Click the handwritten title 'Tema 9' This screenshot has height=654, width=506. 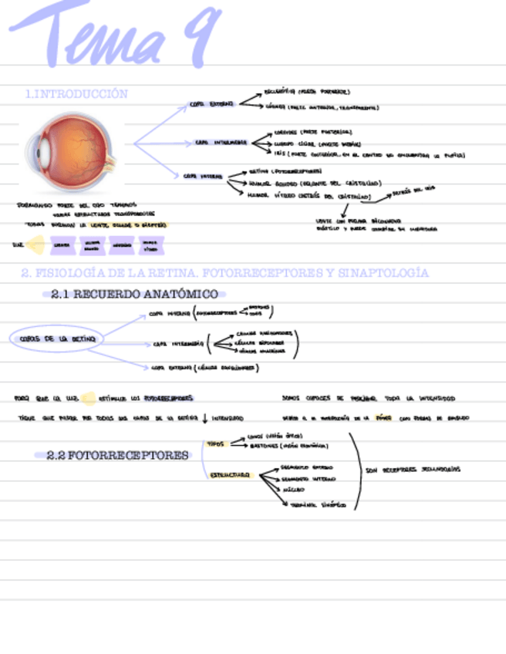(x=116, y=35)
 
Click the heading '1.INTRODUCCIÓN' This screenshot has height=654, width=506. (x=76, y=94)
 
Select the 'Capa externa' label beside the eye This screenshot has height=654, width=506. (x=211, y=103)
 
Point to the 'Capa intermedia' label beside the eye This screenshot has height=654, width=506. (x=221, y=143)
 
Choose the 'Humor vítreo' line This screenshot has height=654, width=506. (x=309, y=196)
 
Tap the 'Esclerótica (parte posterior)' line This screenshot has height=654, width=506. (x=306, y=92)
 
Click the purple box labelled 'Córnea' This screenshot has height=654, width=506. (x=62, y=245)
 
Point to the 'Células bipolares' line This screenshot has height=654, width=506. (x=260, y=342)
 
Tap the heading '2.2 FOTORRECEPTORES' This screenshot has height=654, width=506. (x=117, y=456)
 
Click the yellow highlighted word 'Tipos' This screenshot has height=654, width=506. (x=215, y=444)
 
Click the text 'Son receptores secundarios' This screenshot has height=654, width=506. (x=413, y=470)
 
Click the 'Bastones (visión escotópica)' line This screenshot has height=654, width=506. (x=288, y=445)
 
